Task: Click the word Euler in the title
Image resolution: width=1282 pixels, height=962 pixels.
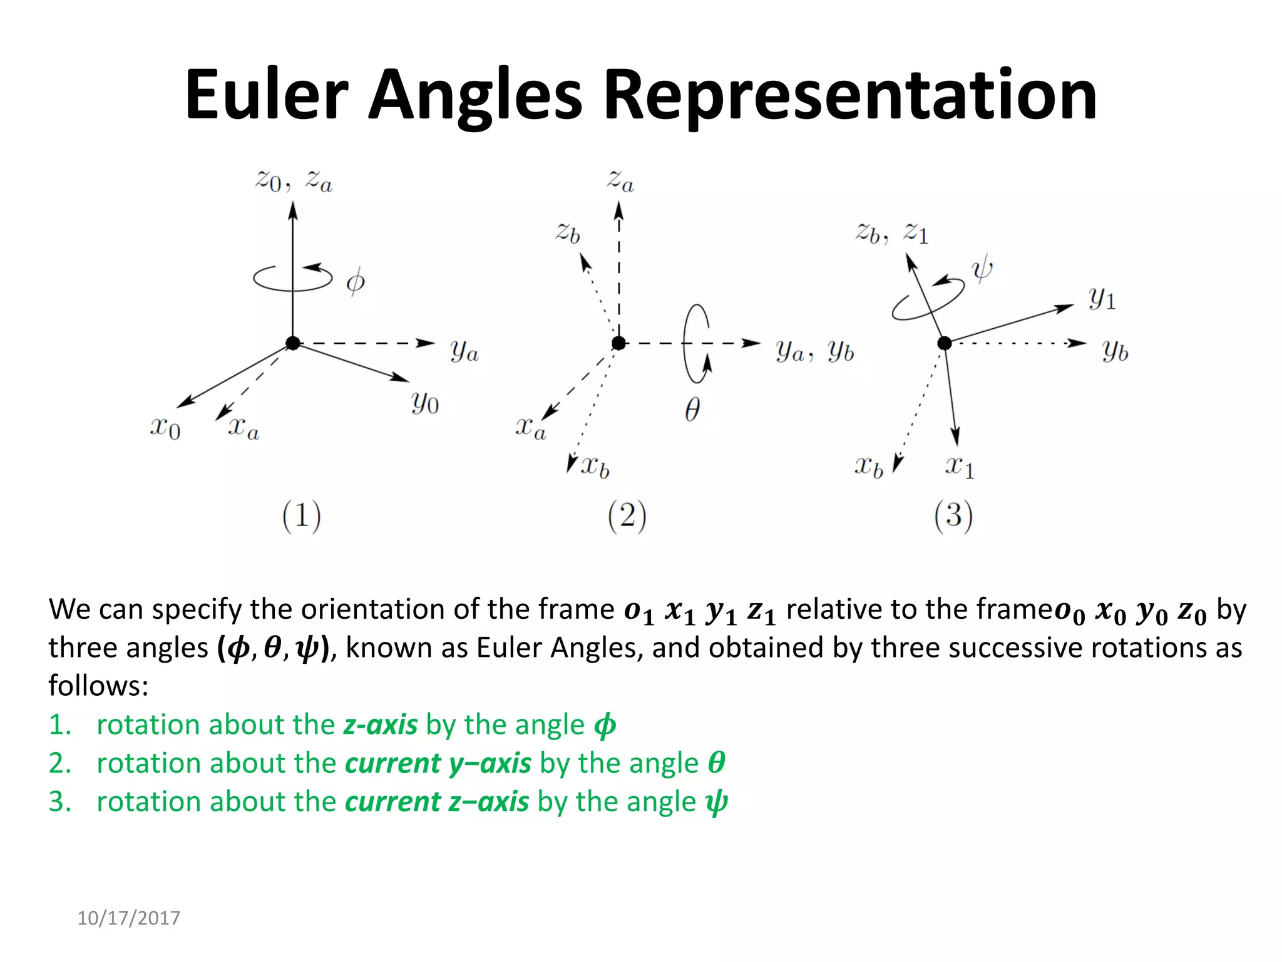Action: pos(266,95)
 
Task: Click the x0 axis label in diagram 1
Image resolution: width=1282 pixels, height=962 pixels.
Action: pos(165,428)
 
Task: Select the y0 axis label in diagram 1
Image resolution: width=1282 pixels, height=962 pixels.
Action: pos(425,402)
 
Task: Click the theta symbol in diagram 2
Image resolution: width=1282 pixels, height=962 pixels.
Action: pos(692,410)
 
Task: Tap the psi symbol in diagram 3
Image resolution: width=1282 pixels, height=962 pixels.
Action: pos(982,269)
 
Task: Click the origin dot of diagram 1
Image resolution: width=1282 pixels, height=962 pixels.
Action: pos(293,343)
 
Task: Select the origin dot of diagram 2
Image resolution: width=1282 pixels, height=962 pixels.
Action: pos(618,343)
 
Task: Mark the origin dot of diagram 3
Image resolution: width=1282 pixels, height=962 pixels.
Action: pos(945,343)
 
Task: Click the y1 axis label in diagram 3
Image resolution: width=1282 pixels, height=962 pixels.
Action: pos(1102,299)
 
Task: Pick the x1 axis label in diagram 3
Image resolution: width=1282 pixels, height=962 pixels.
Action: pos(960,467)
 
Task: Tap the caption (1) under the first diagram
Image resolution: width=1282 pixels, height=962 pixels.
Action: pos(301,516)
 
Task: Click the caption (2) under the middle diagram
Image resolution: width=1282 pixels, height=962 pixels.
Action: pos(627,516)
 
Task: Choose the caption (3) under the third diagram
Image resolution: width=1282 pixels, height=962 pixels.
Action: pos(953,516)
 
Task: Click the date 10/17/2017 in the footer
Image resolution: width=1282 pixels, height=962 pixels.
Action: pos(128,918)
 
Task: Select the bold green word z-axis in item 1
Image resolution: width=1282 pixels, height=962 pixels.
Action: pos(381,725)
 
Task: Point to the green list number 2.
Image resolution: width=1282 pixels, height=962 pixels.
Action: pos(60,763)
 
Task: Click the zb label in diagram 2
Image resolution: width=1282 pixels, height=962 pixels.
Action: pos(568,233)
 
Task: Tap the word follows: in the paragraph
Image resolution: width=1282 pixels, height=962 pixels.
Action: pos(99,686)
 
